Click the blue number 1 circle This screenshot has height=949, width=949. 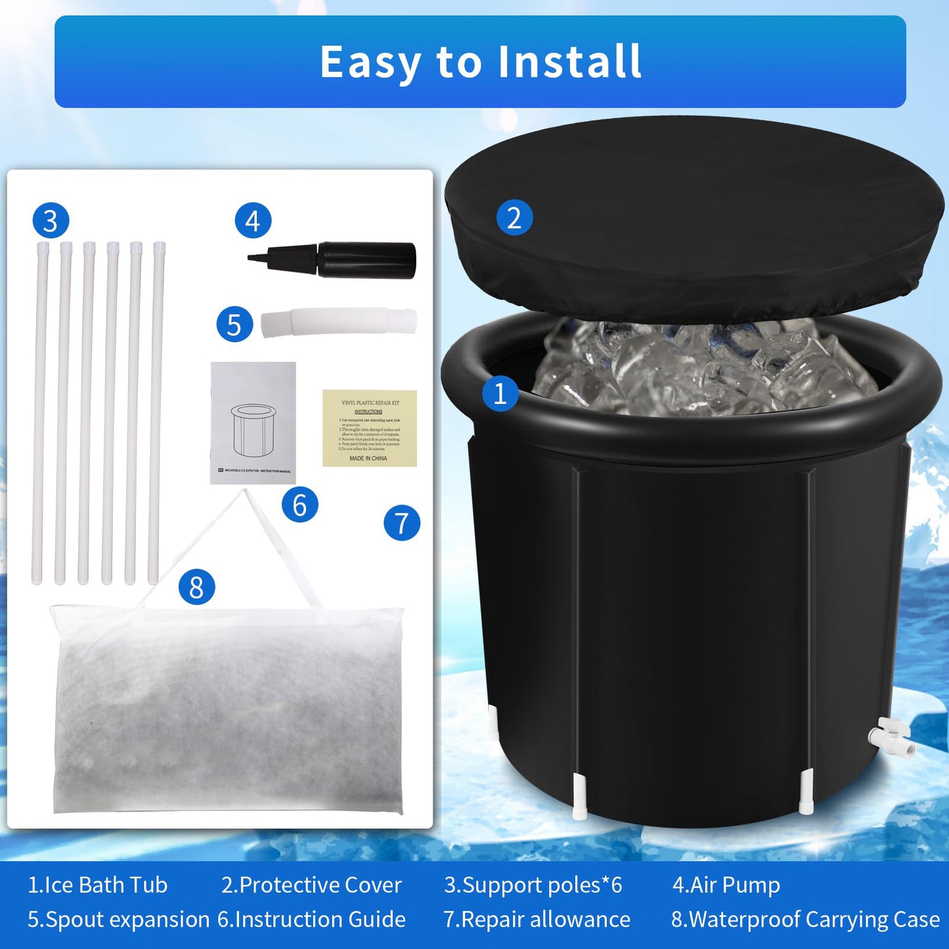coord(500,393)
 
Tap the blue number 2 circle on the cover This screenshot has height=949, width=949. coord(514,217)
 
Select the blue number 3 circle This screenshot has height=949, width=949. coord(51,221)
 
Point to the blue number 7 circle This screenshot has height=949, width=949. coord(402,523)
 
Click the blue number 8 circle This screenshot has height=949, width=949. coord(196,586)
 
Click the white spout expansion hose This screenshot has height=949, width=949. coord(339,323)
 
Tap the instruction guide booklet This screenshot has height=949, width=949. coord(253,423)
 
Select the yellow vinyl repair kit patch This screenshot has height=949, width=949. coord(369,428)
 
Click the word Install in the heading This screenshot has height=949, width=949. coord(569,62)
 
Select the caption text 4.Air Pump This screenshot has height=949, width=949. coord(726,885)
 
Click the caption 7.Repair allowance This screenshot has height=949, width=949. coord(537,919)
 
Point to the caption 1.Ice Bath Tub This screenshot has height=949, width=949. coord(97,885)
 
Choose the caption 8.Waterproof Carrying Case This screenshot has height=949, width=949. coord(805,919)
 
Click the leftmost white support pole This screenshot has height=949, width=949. coord(39,414)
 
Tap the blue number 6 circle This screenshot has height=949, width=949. coord(299,504)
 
